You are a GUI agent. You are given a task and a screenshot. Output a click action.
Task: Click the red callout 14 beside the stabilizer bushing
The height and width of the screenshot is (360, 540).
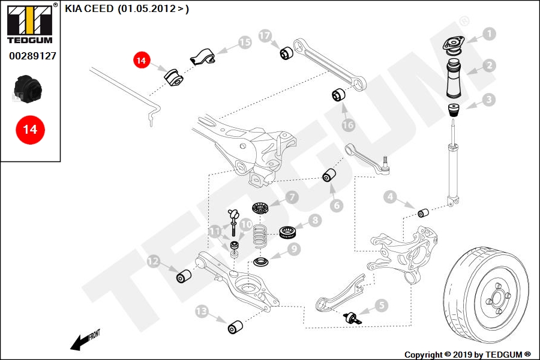click(x=141, y=60)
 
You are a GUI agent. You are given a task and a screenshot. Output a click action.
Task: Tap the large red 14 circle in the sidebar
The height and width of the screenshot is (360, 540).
click(x=30, y=130)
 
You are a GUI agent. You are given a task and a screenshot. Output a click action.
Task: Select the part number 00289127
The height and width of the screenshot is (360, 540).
click(x=33, y=56)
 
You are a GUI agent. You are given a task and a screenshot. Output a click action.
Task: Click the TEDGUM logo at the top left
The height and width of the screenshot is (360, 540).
click(x=30, y=24)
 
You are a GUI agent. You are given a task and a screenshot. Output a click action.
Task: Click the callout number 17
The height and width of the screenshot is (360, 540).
click(x=265, y=36)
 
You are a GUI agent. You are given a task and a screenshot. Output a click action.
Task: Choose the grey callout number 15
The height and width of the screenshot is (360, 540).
click(x=245, y=43)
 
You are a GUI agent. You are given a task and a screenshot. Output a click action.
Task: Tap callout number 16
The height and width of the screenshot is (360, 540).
click(x=348, y=125)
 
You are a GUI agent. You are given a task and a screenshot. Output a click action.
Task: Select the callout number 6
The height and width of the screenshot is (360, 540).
click(x=337, y=206)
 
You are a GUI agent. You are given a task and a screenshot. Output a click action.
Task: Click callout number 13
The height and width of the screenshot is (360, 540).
click(x=202, y=311)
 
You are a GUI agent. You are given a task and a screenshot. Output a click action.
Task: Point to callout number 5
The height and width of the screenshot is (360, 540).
click(x=381, y=305)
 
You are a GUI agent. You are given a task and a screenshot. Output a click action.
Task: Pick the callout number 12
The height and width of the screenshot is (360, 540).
click(x=153, y=261)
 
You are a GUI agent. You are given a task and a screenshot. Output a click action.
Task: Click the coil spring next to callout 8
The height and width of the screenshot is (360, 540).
click(x=260, y=235)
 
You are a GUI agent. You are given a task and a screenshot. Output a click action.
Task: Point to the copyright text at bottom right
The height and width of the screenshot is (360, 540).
click(x=467, y=355)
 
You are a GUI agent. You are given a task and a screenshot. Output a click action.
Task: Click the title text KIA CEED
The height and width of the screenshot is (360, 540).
click(x=89, y=8)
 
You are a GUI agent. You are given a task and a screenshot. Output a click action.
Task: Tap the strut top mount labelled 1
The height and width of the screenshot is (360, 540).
click(x=454, y=46)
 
